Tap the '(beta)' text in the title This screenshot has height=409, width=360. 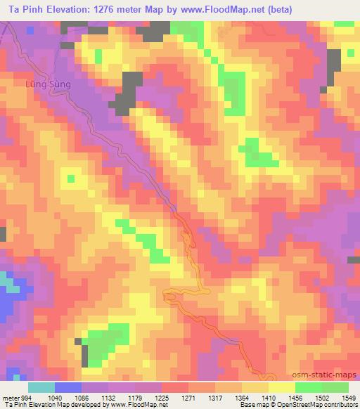click(x=276, y=9)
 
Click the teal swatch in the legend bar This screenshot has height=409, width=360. click(x=41, y=387)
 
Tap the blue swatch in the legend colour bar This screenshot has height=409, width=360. click(x=68, y=387)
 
